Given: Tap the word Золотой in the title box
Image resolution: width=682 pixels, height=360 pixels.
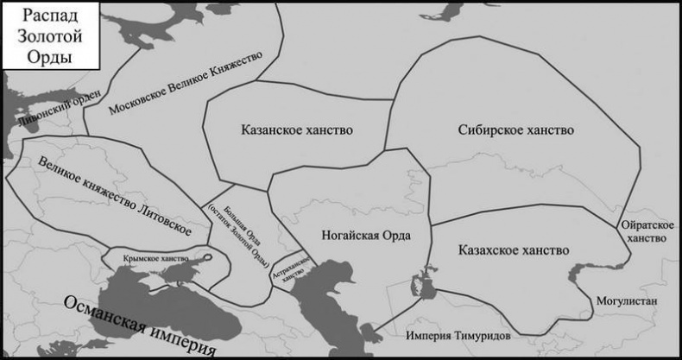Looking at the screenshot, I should tap(47, 37).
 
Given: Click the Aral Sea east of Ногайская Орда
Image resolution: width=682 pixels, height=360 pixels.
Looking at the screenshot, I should tap(425, 285).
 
